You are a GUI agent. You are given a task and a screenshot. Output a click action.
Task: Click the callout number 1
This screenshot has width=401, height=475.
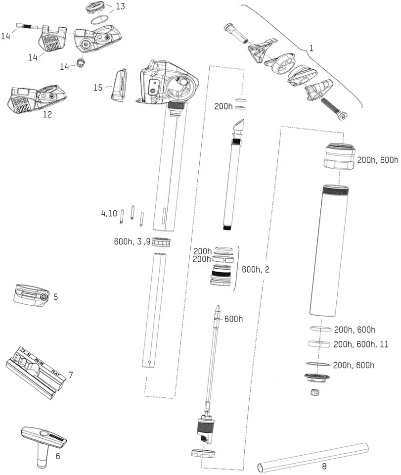[x=312, y=48]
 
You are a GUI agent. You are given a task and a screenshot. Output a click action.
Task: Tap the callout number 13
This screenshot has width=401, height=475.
[x=120, y=6]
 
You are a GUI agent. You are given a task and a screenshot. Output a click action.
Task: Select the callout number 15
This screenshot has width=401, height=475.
[x=98, y=88]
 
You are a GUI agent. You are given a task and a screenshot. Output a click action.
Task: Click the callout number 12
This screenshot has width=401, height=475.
[x=47, y=114]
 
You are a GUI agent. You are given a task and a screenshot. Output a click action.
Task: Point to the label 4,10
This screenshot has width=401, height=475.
[x=109, y=213]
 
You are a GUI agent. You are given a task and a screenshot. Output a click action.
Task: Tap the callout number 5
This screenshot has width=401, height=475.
[x=56, y=297]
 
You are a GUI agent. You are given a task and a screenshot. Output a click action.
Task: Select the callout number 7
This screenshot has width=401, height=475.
[x=71, y=375]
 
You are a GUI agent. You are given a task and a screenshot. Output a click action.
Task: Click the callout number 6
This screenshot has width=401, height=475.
[x=57, y=456]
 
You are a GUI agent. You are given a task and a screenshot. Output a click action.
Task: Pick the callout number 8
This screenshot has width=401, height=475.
[x=324, y=466]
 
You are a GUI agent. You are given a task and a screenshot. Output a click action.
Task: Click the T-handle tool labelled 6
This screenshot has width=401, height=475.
[x=42, y=442]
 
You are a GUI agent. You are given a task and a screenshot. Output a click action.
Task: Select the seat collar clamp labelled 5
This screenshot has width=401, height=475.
[x=30, y=295]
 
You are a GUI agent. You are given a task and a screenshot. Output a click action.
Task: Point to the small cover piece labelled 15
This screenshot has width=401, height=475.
[x=119, y=85]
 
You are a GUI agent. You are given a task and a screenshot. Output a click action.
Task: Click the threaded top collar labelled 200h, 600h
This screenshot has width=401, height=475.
[x=339, y=156]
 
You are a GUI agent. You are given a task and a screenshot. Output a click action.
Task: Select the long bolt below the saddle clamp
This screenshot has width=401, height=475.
[x=334, y=109]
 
